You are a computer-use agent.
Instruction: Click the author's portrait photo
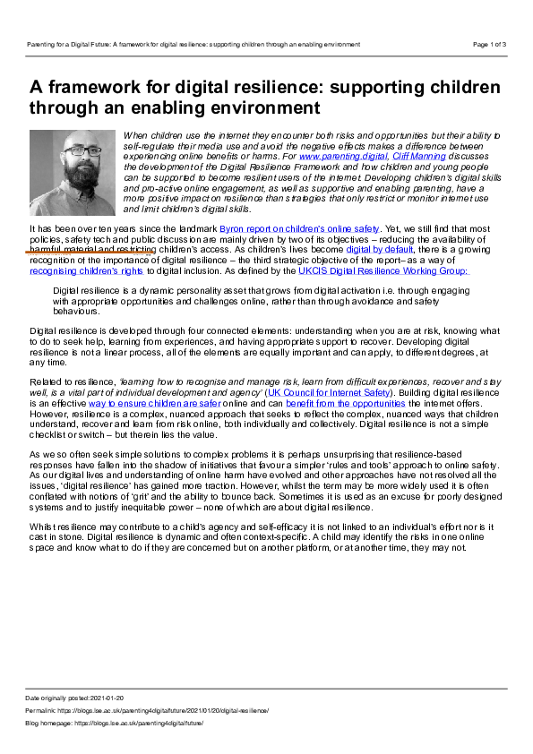click(x=73, y=173)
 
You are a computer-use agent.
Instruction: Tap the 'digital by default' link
click(x=379, y=249)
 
